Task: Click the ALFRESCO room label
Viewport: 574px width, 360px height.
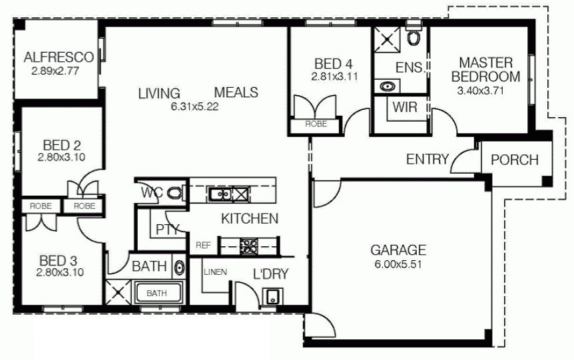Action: [59, 57]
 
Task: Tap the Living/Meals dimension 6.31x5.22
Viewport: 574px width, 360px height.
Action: [194, 106]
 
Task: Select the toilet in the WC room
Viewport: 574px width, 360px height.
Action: [175, 192]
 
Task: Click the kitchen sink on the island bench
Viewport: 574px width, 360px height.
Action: [219, 194]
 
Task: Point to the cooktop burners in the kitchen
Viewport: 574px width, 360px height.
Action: [249, 246]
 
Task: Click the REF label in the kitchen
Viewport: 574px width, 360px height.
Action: [204, 245]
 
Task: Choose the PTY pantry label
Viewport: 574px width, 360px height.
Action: [167, 230]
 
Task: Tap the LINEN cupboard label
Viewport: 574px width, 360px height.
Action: [215, 271]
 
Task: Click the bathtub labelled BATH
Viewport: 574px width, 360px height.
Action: [158, 293]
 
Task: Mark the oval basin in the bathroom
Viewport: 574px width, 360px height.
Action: [179, 268]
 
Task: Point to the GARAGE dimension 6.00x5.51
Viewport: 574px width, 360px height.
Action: [398, 264]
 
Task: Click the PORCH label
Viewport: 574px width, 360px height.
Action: [514, 160]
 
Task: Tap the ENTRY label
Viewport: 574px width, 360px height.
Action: [428, 159]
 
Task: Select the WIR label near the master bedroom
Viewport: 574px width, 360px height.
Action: [405, 107]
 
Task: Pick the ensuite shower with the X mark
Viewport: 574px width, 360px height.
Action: [387, 39]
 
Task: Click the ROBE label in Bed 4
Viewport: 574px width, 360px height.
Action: [316, 124]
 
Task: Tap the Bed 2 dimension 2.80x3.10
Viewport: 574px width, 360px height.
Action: [61, 157]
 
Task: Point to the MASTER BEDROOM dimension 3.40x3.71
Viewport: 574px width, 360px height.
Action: [480, 90]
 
